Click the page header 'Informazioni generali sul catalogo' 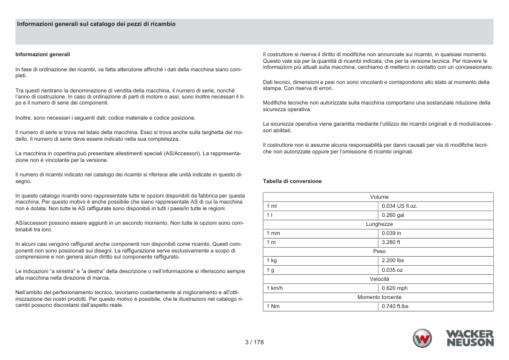pyautogui.click(x=96, y=24)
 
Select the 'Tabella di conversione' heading pyautogui.click(x=292, y=181)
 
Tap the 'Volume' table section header pyautogui.click(x=379, y=197)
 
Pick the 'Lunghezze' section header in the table pyautogui.click(x=379, y=224)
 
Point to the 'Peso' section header pyautogui.click(x=379, y=251)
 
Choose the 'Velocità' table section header pyautogui.click(x=379, y=278)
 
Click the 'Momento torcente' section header pyautogui.click(x=379, y=297)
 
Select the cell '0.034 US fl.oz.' pyautogui.click(x=400, y=206)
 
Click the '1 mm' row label pyautogui.click(x=273, y=233)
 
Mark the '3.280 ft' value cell pyautogui.click(x=392, y=242)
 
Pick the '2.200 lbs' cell pyautogui.click(x=394, y=260)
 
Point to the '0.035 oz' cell pyautogui.click(x=393, y=269)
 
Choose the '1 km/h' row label pyautogui.click(x=275, y=288)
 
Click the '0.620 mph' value pyautogui.click(x=395, y=288)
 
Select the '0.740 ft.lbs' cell pyautogui.click(x=395, y=306)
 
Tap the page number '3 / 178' pyautogui.click(x=254, y=342)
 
